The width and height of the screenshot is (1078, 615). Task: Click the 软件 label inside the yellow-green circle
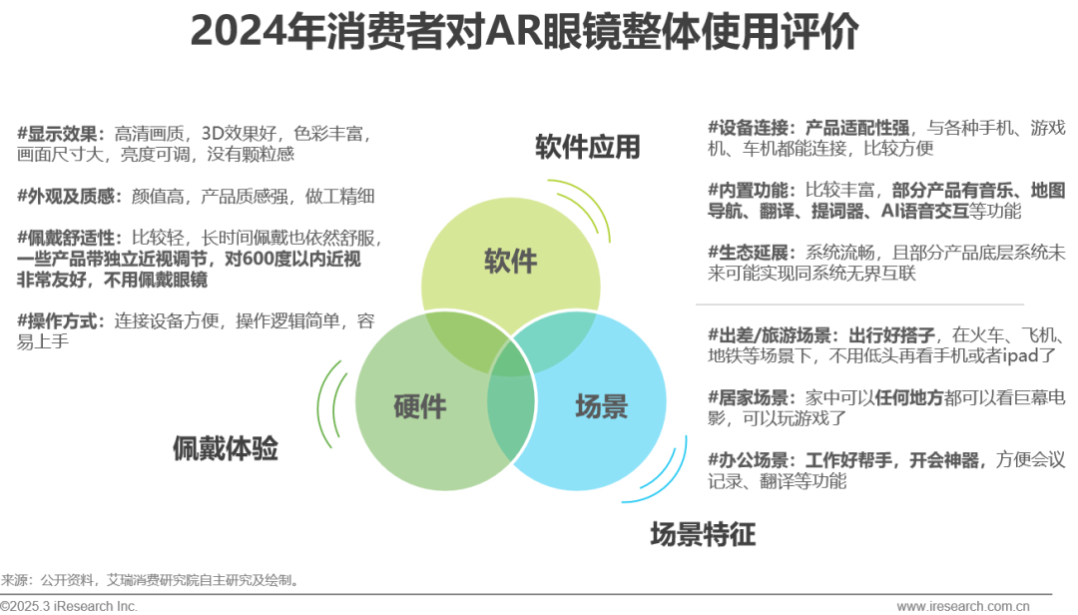(511, 262)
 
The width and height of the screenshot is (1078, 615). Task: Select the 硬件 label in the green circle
(419, 406)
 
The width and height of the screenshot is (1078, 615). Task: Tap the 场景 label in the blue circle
(601, 406)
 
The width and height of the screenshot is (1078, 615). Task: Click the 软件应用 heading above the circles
(587, 148)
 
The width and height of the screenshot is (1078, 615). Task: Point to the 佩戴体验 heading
(225, 448)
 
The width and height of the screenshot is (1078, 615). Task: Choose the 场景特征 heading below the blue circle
(703, 534)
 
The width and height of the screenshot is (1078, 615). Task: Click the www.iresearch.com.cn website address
(963, 606)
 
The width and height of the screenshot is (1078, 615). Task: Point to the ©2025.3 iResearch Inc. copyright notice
(69, 606)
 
